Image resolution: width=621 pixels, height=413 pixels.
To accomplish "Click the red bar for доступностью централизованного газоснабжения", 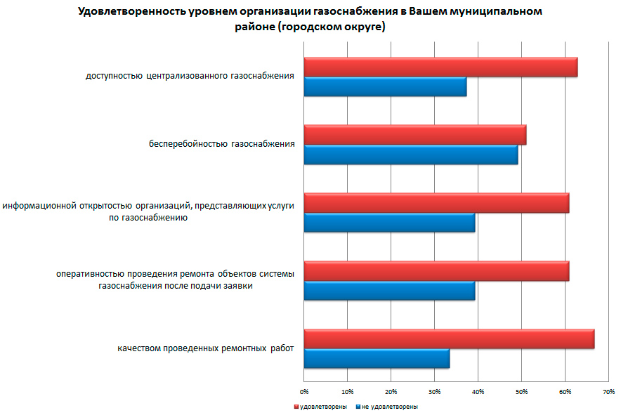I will point(440,67).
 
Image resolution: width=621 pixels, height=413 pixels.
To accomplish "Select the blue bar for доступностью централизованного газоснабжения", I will point(385,86).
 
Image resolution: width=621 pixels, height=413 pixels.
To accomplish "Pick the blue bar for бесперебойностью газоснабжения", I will point(410,154).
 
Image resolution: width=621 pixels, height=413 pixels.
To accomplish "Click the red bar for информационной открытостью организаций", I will point(436,203).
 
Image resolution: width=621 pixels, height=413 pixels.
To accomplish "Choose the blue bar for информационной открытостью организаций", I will point(389,222).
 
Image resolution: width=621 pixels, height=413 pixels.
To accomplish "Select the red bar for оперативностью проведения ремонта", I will point(436,270).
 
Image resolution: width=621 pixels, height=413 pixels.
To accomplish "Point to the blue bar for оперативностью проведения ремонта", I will point(389,290).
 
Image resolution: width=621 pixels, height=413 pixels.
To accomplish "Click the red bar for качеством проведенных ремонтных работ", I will point(449,339).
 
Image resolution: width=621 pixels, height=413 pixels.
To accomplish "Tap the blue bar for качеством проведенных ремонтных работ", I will point(377,358).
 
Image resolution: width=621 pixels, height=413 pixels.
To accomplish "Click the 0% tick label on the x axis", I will point(304,391).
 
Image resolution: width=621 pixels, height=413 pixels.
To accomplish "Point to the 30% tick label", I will point(435,391).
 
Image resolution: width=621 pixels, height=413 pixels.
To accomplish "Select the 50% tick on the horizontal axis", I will point(522,391).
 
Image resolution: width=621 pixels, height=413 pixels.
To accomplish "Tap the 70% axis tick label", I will point(608,391).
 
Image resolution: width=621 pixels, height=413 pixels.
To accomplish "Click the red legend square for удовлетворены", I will point(296,407).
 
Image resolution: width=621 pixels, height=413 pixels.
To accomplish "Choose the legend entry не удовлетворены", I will point(390,407).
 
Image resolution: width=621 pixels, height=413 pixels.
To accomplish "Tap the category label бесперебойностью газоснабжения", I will point(221,145).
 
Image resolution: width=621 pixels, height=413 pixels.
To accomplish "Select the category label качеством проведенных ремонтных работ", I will point(206,348).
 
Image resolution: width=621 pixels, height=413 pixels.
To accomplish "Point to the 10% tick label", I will point(348,391).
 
